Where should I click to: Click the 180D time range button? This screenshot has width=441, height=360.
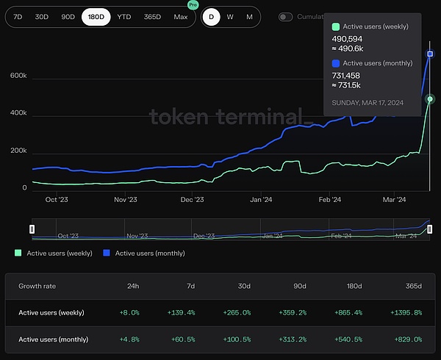[96, 16]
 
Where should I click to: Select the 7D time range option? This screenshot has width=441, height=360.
[18, 16]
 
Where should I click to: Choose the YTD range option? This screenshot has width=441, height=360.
[124, 16]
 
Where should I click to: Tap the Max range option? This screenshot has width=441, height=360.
[180, 16]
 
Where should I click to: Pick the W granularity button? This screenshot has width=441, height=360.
[230, 16]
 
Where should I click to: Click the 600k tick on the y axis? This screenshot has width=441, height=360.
[18, 76]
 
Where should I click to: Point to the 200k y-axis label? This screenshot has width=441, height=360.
[18, 151]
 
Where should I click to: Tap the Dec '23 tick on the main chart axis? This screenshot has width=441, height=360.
[192, 199]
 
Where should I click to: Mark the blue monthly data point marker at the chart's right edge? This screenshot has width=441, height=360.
[430, 54]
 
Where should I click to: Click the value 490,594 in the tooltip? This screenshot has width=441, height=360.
[351, 38]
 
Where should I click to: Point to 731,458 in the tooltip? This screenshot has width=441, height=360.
[351, 75]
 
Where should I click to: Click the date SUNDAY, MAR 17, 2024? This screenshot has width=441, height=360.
[367, 101]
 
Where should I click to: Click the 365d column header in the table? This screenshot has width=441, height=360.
[414, 286]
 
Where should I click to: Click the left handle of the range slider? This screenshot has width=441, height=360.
[32, 229]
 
